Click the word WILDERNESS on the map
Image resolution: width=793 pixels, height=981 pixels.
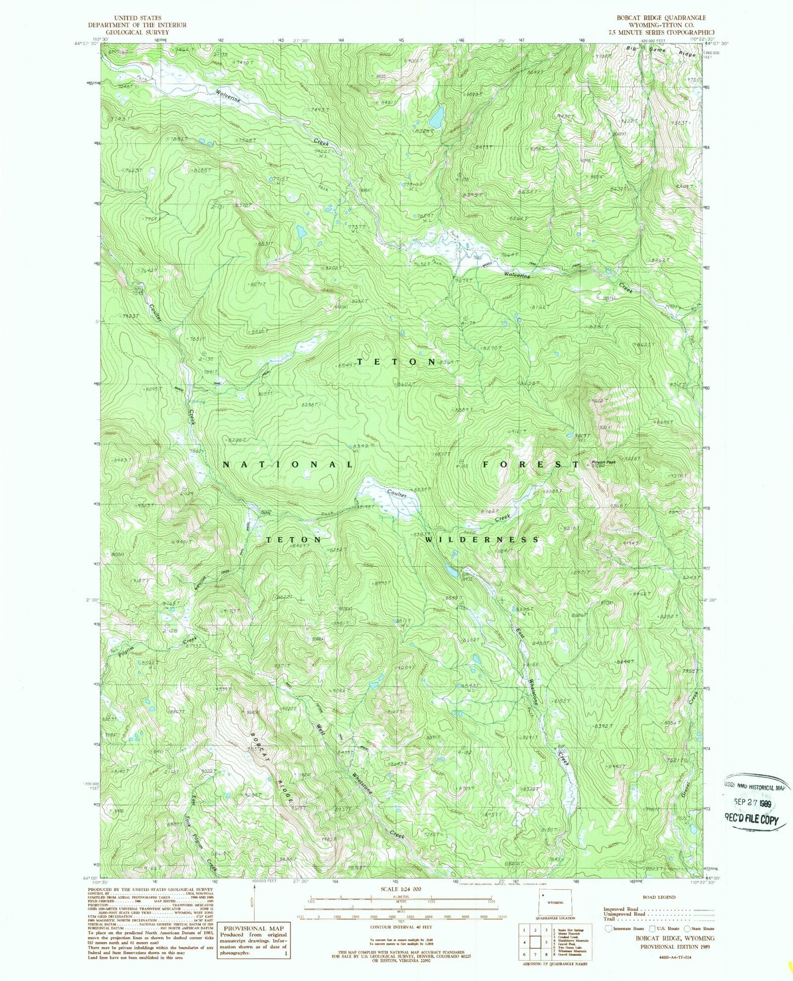click(482, 539)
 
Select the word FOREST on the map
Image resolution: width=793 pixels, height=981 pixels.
click(530, 464)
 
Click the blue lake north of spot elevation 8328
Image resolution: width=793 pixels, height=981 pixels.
click(437, 116)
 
